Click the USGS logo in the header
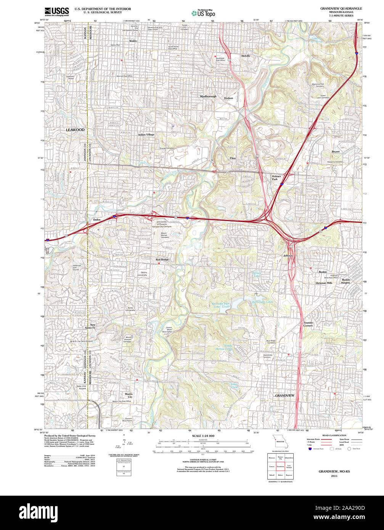click(57, 11)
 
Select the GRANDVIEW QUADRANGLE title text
click(341, 8)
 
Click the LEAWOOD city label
click(75, 130)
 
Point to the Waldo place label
click(133, 40)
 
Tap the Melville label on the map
click(246, 56)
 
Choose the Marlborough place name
click(208, 96)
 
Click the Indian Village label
click(146, 135)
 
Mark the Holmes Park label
click(276, 178)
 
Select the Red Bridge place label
click(162, 260)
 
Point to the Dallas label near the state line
click(97, 220)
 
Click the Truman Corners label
click(308, 324)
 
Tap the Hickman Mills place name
click(324, 283)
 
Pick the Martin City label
click(129, 395)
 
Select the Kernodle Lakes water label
click(262, 302)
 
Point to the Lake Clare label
click(234, 386)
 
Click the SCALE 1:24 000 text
click(203, 436)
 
